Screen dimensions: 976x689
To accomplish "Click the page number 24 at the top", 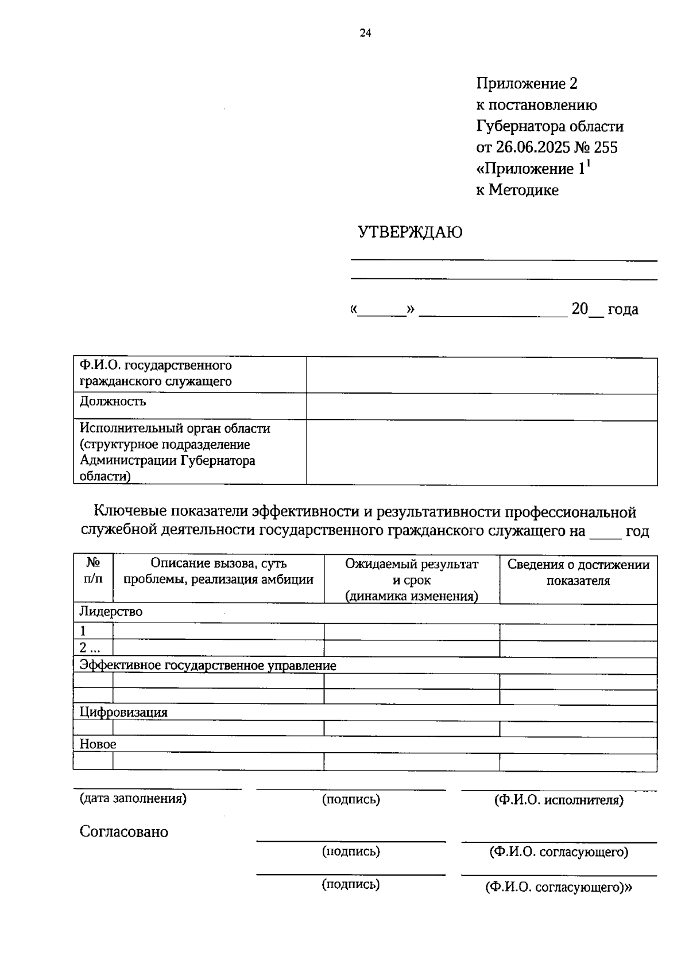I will [365, 33].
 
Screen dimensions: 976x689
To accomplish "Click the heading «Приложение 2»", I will [526, 84].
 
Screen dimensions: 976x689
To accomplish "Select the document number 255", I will [606, 147].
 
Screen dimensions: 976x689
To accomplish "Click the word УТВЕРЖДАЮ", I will [410, 232].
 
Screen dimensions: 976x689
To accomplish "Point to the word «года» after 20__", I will [622, 309].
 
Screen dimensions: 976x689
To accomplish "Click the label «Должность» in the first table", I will [113, 401].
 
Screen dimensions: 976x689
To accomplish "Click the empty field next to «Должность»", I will [481, 407].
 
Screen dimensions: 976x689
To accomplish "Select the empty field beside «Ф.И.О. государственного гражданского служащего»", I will [481, 375].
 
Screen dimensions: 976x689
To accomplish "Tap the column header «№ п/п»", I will [93, 571].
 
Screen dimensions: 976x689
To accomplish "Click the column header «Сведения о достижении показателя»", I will [578, 572].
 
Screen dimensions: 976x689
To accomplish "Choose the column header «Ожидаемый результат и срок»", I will [411, 580].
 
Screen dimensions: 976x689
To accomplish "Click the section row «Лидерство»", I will [111, 612].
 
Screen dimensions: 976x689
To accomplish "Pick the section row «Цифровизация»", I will [123, 712].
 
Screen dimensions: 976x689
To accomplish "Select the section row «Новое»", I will [98, 744].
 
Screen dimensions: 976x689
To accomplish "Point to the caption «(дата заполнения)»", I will [133, 798].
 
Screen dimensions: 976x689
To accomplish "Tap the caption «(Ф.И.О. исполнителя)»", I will [558, 799].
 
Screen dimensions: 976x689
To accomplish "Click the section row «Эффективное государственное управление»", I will [207, 666].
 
